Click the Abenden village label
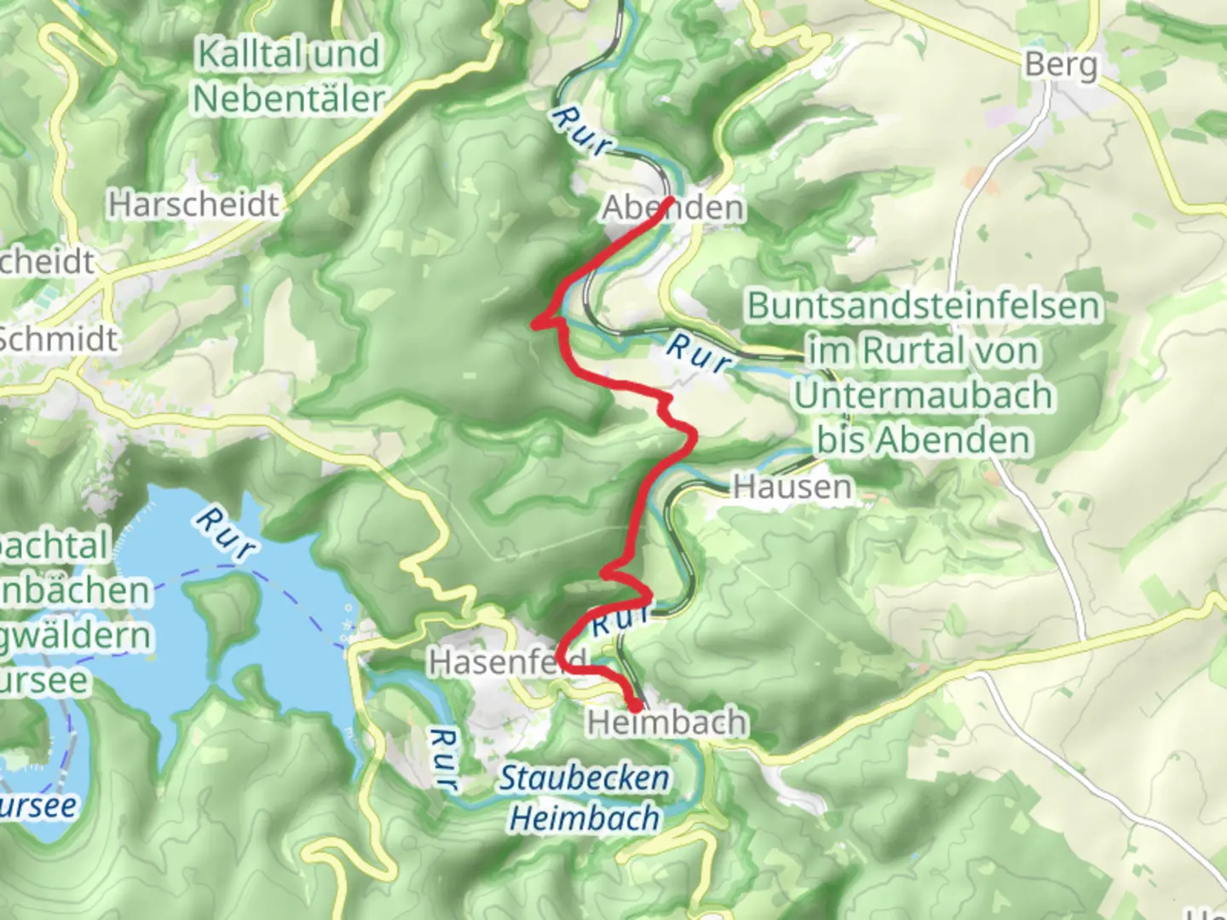[673, 208]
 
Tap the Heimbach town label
[666, 722]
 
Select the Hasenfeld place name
[508, 661]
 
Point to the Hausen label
[792, 486]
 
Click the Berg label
[1061, 64]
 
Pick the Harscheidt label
[193, 204]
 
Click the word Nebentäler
[289, 99]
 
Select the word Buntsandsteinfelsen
[924, 305]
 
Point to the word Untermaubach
[924, 395]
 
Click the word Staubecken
[584, 778]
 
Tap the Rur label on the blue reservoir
[224, 533]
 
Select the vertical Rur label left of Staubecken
[443, 758]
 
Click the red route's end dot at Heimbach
[636, 705]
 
